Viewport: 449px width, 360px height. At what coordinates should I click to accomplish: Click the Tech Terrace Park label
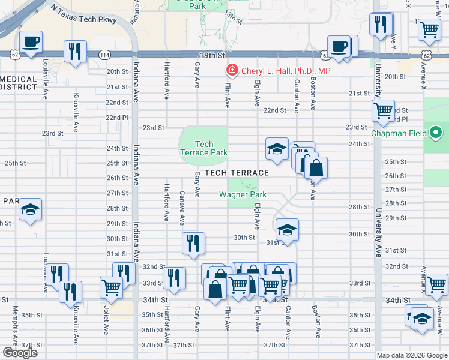[x=204, y=148]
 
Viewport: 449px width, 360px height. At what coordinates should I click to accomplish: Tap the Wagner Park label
[x=243, y=194]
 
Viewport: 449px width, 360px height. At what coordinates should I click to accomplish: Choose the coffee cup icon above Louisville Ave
[x=31, y=43]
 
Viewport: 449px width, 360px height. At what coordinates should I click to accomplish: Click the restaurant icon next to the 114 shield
[x=75, y=51]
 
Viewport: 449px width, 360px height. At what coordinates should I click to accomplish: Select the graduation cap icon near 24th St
[x=276, y=149]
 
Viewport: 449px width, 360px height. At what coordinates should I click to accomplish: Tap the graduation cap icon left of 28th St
[x=30, y=210]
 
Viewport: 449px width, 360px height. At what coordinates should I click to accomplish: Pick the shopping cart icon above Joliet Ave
[x=111, y=287]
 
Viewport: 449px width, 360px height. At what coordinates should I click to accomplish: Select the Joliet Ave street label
[x=106, y=322]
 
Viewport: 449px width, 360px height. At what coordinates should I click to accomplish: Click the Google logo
[x=20, y=353]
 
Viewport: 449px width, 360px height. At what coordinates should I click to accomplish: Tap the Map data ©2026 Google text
[x=411, y=355]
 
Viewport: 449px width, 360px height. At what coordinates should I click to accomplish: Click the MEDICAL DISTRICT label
[x=18, y=83]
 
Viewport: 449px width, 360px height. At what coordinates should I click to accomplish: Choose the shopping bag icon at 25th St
[x=316, y=167]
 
